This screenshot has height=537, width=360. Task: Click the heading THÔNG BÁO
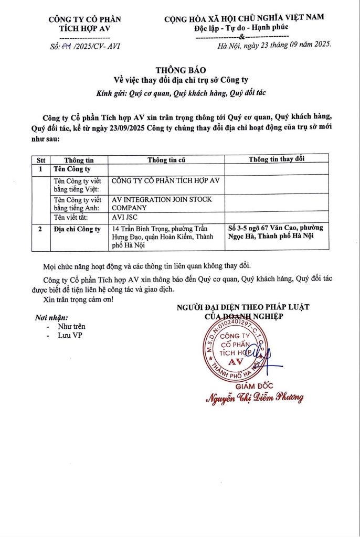click(x=181, y=70)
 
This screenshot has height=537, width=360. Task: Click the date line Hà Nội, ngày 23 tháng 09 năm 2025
click(x=274, y=46)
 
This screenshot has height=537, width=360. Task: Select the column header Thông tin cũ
click(x=166, y=159)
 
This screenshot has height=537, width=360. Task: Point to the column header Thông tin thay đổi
click(x=277, y=159)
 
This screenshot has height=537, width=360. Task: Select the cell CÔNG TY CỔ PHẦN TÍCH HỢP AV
click(x=165, y=181)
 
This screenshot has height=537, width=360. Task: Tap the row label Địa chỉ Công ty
click(x=77, y=229)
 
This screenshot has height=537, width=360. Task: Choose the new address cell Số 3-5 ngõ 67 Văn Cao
click(x=276, y=232)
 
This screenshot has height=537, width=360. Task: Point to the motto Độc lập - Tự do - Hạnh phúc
click(x=244, y=27)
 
